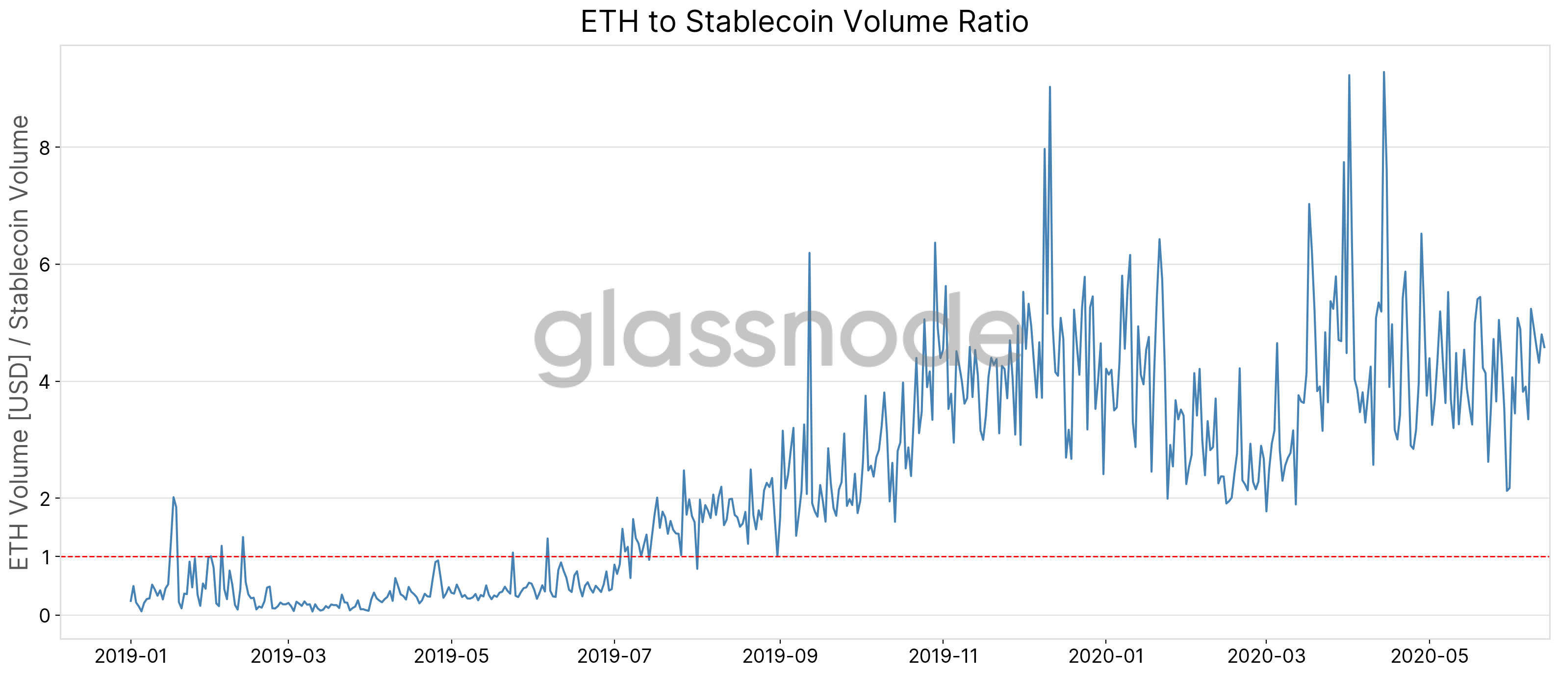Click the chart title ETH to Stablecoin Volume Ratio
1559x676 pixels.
[x=804, y=22]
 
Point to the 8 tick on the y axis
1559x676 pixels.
[x=45, y=148]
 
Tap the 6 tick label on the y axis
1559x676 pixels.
[x=45, y=265]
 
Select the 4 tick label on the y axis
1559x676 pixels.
[x=45, y=382]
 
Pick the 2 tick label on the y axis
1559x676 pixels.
[x=45, y=500]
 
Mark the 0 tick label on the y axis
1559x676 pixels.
[x=45, y=616]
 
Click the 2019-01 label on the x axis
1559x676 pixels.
[x=131, y=656]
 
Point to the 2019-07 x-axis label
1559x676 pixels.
[x=614, y=656]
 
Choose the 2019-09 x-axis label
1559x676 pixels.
[x=780, y=656]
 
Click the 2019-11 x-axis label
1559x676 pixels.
[x=943, y=656]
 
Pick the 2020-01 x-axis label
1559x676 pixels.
[x=1106, y=656]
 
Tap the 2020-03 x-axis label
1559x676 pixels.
[x=1266, y=656]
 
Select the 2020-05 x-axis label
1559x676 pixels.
[x=1430, y=656]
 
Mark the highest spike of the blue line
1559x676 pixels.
[x=1383, y=73]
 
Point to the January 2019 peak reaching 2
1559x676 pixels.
[x=173, y=498]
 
